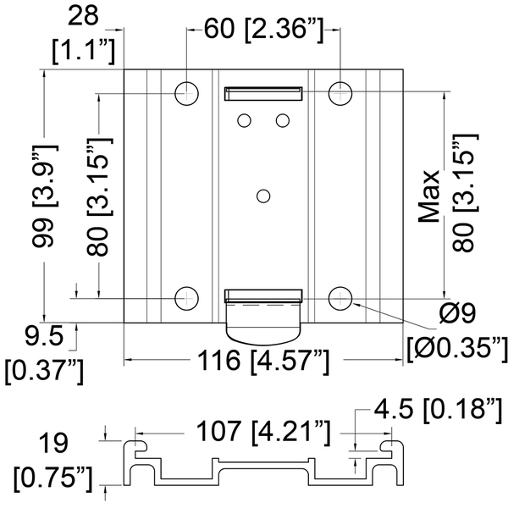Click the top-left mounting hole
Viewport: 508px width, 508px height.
pyautogui.click(x=186, y=93)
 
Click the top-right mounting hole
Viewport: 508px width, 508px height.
pyautogui.click(x=340, y=93)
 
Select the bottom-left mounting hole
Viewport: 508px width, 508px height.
pyautogui.click(x=186, y=298)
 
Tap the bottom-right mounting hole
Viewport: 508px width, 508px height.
pyautogui.click(x=340, y=298)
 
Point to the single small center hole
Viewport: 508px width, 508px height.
pyautogui.click(x=263, y=196)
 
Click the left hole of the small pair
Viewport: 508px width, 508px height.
pyautogui.click(x=244, y=120)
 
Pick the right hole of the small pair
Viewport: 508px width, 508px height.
pyautogui.click(x=283, y=120)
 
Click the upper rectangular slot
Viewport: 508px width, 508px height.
pyautogui.click(x=263, y=93)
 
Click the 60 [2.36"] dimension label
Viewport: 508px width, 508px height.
pyautogui.click(x=264, y=30)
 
